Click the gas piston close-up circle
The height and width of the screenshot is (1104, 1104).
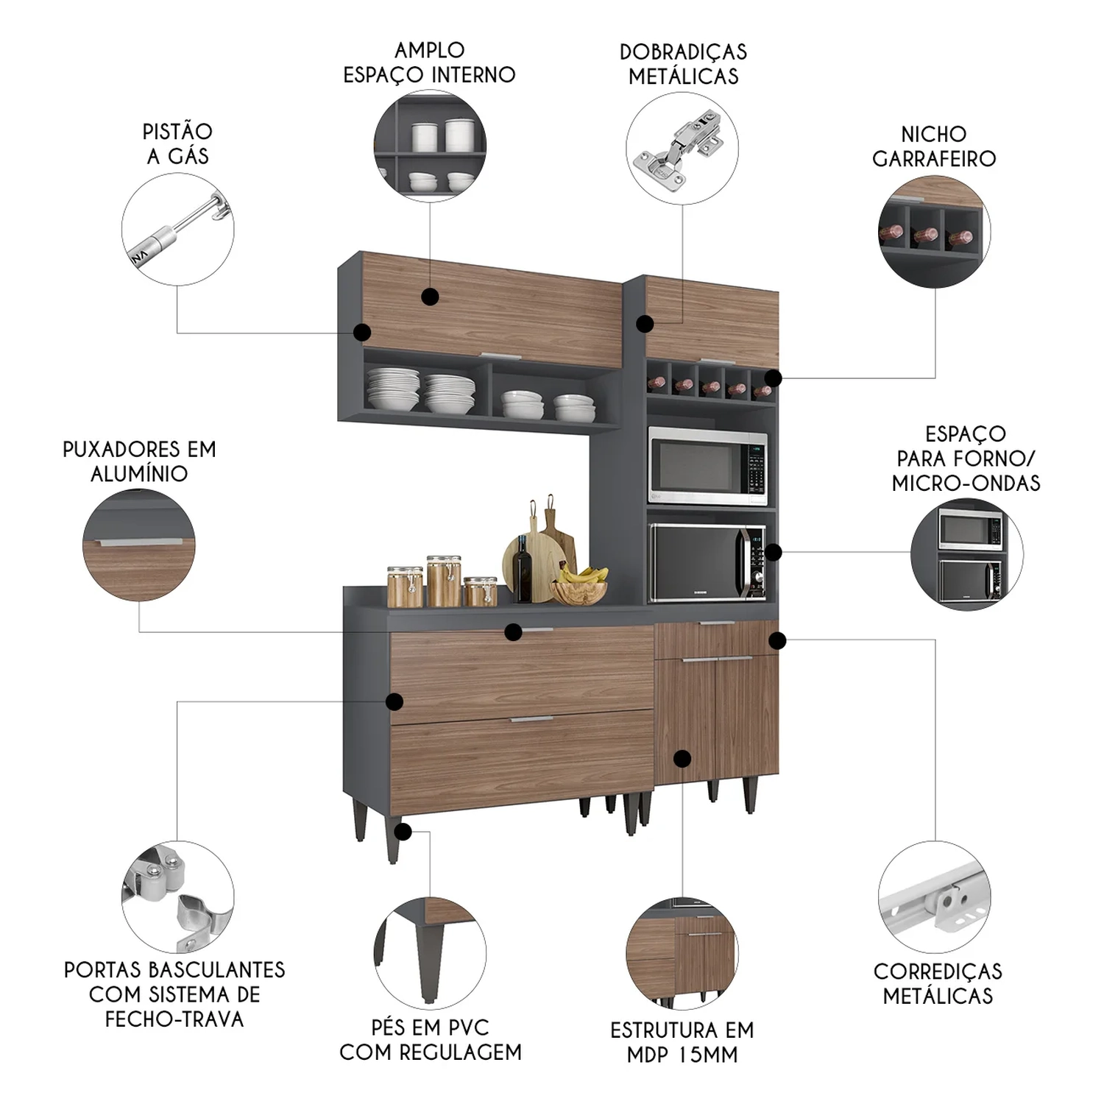(177, 229)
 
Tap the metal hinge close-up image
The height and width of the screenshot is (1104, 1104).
(682, 148)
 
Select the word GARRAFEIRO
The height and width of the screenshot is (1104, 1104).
(934, 159)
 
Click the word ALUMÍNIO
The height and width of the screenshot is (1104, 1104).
(139, 473)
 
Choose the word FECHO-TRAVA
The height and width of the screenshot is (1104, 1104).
(174, 1019)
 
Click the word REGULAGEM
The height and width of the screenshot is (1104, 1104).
(470, 1052)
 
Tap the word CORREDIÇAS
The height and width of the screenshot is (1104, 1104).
(938, 972)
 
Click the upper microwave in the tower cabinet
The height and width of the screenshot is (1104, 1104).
(707, 465)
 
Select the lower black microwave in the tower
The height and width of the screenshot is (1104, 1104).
(707, 562)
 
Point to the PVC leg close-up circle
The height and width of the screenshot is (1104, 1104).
(430, 953)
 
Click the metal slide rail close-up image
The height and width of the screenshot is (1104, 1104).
(935, 897)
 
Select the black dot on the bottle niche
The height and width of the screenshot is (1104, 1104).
(773, 378)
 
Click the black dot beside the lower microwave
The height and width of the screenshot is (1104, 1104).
(773, 552)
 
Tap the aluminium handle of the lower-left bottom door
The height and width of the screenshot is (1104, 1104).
(531, 718)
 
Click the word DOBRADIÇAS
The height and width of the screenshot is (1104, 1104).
(683, 52)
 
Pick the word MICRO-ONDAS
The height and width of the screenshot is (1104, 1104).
(966, 484)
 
